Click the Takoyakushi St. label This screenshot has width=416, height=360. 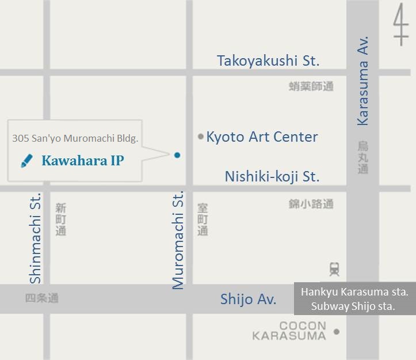268,60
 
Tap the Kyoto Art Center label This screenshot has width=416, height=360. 262,137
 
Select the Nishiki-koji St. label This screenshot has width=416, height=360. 272,176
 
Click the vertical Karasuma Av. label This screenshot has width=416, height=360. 362,81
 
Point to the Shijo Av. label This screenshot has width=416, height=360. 248,300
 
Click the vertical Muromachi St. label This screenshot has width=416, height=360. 178,240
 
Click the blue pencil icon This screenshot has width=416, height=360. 26,161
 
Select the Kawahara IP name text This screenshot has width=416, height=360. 82,161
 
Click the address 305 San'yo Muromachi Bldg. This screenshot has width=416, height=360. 75,138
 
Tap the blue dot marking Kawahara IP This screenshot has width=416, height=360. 177,155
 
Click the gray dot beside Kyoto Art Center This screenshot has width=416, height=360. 200,137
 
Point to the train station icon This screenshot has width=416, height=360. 334,268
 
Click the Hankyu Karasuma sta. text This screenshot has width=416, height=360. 354,292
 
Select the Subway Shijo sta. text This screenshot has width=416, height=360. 353,306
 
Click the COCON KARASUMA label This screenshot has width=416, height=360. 289,331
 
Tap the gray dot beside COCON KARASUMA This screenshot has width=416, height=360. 337,331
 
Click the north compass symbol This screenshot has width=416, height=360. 400,26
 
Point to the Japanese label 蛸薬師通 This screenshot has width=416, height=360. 311,86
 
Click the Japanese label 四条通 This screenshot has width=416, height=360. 41,298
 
